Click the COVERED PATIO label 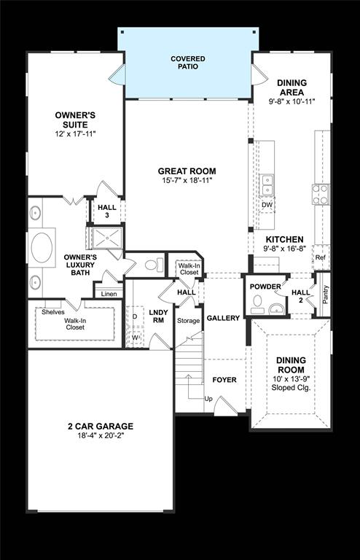tap(188, 62)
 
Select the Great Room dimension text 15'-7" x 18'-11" tap(187, 180)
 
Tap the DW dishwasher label tap(268, 205)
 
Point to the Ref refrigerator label tap(320, 257)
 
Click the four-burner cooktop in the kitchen tap(321, 194)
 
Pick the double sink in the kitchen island tap(268, 184)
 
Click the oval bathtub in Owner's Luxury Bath tap(42, 246)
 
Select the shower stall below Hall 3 tap(104, 238)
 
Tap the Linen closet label tap(109, 294)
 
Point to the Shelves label tap(53, 312)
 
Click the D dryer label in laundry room tap(135, 316)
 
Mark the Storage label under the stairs tap(188, 321)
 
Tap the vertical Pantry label tap(325, 295)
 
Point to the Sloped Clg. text tap(291, 389)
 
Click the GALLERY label tap(223, 318)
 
